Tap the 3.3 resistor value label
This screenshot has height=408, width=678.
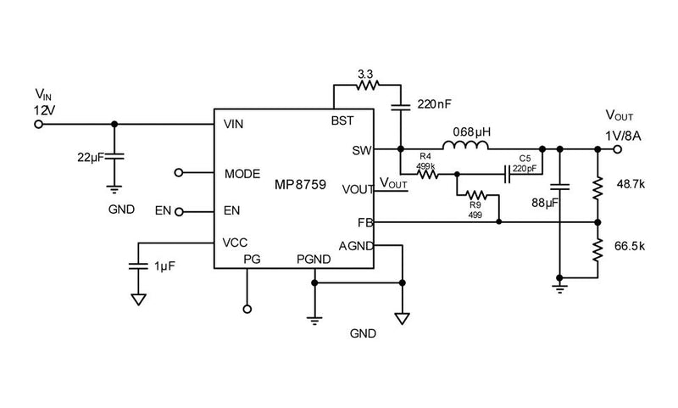(x=364, y=75)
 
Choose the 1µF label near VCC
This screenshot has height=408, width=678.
(x=165, y=266)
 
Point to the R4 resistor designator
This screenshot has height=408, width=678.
(x=426, y=157)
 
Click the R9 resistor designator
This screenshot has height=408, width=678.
(x=475, y=205)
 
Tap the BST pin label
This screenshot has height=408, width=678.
(x=342, y=121)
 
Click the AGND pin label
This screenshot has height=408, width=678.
(x=355, y=246)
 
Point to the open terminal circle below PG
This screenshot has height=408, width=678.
(x=247, y=310)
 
